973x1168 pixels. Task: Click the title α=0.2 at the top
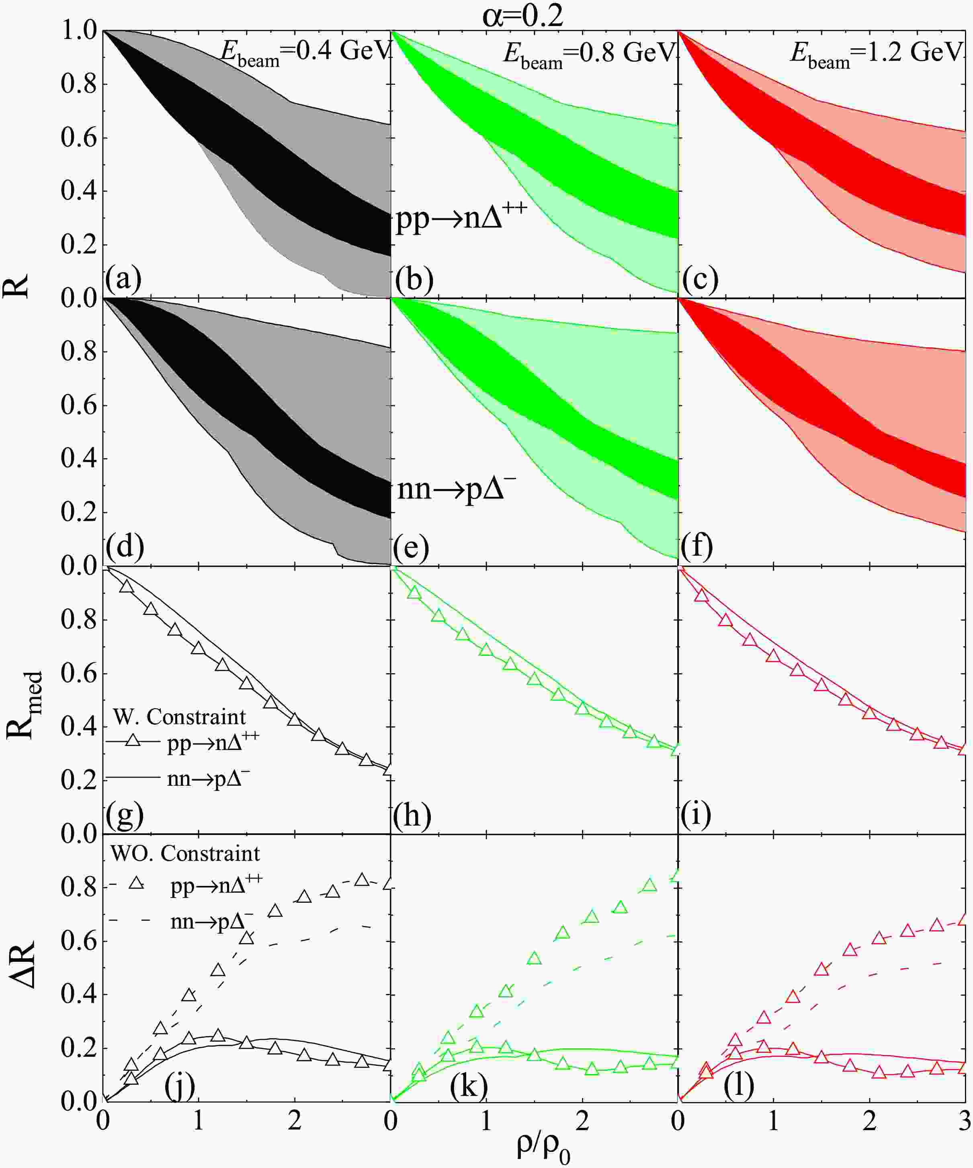(x=522, y=16)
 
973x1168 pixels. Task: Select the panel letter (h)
(x=412, y=816)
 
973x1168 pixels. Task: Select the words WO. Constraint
(x=185, y=853)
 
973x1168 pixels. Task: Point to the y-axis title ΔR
(x=23, y=964)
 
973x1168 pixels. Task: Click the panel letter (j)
(x=180, y=1085)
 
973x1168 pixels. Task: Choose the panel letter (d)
(x=125, y=546)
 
